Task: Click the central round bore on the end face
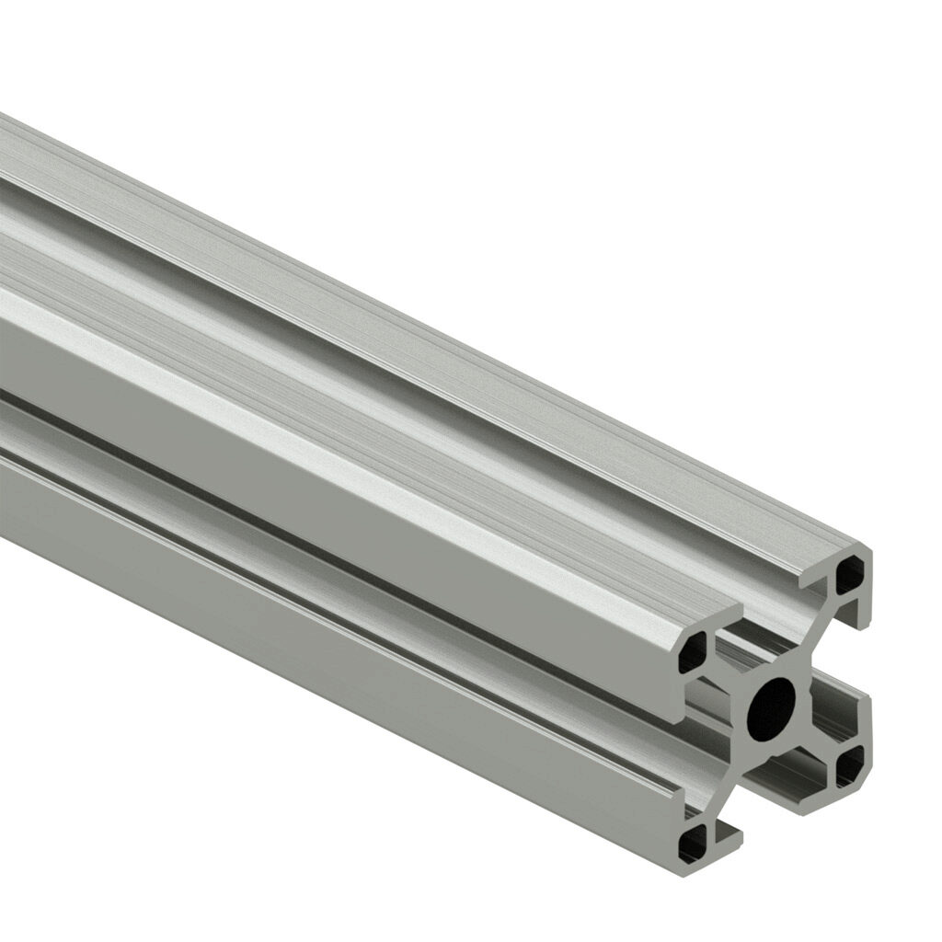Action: coord(771,709)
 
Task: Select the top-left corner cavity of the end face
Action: coord(692,651)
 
